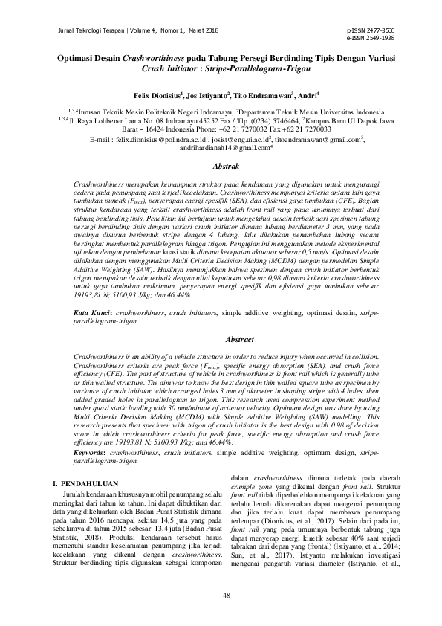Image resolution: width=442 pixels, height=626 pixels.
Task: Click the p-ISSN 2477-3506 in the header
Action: tap(371, 30)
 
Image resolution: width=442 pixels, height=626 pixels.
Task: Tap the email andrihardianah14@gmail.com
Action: tap(219, 147)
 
